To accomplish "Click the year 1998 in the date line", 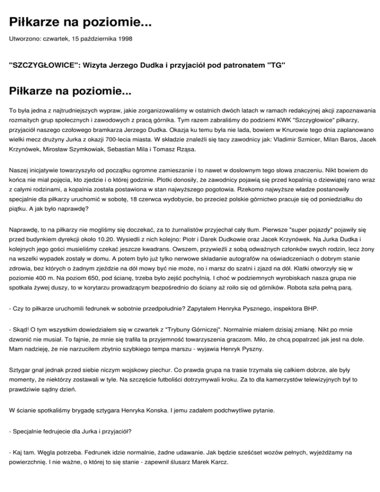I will coord(125,38).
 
